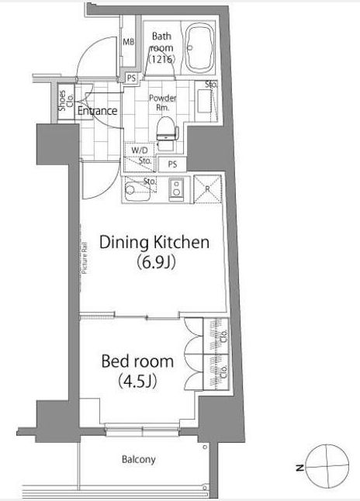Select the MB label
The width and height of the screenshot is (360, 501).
tap(129, 42)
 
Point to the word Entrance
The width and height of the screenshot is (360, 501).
tap(98, 111)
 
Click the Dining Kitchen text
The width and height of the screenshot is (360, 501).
tap(154, 243)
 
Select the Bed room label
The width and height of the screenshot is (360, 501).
tap(137, 361)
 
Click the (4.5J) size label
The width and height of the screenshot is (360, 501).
tap(137, 382)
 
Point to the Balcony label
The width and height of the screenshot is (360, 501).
tap(139, 460)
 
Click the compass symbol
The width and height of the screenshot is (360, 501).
tap(327, 466)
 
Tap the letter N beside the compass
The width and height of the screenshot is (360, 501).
tap(299, 468)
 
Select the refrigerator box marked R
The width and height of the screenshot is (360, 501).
tap(207, 188)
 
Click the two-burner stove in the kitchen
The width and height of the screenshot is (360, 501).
tap(175, 188)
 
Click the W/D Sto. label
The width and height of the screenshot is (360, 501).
tap(140, 155)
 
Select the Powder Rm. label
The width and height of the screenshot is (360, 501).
tap(163, 103)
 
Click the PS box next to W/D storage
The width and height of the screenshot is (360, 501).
tap(172, 164)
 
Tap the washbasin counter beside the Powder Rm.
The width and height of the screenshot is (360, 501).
tap(205, 101)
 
